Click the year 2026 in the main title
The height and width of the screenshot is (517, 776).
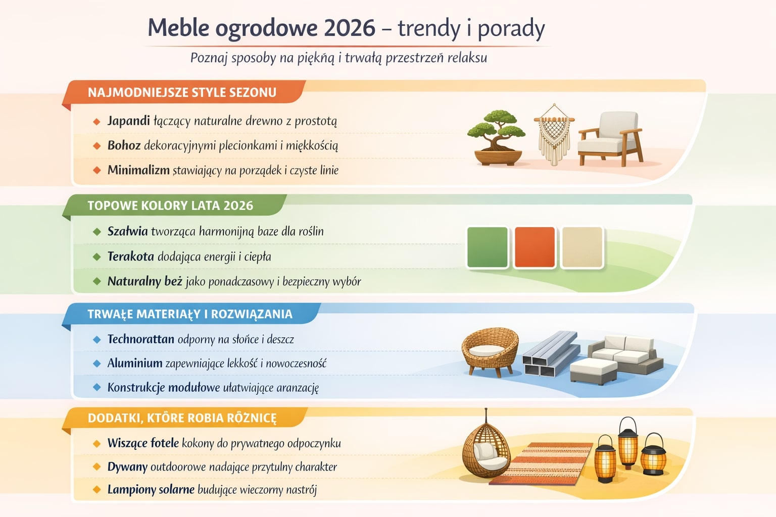pos(350,28)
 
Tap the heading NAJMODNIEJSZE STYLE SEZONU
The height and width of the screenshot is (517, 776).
pos(182,92)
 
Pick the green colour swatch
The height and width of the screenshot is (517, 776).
pos(487,247)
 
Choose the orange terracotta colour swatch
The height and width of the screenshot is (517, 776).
pos(535,247)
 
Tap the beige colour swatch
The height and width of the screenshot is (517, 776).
pos(582,247)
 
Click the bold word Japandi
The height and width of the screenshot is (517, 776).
pos(128,121)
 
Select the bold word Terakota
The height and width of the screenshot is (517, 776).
pos(130,256)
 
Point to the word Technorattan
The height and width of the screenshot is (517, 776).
pos(140,339)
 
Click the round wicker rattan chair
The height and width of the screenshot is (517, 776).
pos(489,351)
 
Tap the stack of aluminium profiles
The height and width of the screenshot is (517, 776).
pos(550,354)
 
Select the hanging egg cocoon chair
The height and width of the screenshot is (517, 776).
pos(486,449)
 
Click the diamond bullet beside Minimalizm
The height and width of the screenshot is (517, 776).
pos(97,170)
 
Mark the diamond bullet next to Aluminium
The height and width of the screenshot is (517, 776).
pos(97,363)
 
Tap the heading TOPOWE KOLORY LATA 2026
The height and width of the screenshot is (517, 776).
pos(170,205)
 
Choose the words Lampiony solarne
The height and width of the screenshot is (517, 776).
pos(151,489)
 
